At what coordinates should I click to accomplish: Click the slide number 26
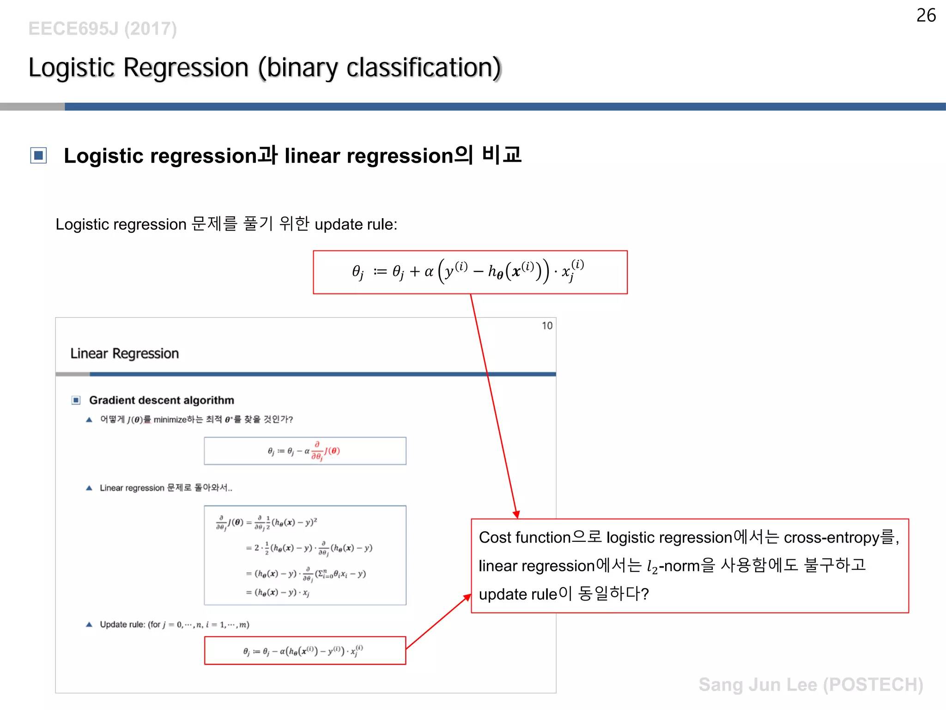(x=926, y=16)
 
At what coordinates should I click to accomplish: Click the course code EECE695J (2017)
(x=103, y=29)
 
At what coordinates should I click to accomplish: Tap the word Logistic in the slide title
(x=71, y=68)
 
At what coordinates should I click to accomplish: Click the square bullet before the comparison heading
(x=39, y=155)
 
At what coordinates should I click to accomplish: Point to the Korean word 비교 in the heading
(x=502, y=154)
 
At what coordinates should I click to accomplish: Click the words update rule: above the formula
(x=356, y=224)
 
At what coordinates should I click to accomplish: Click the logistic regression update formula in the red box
(x=469, y=272)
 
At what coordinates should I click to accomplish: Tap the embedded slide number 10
(x=547, y=326)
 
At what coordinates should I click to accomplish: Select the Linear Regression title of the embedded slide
(x=124, y=354)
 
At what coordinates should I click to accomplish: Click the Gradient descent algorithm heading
(x=161, y=400)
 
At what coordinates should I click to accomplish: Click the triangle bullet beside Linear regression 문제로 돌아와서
(x=89, y=488)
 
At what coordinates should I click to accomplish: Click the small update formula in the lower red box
(x=304, y=651)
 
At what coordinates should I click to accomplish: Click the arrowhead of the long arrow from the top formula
(x=517, y=514)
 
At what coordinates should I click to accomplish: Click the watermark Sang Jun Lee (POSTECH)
(x=811, y=685)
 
